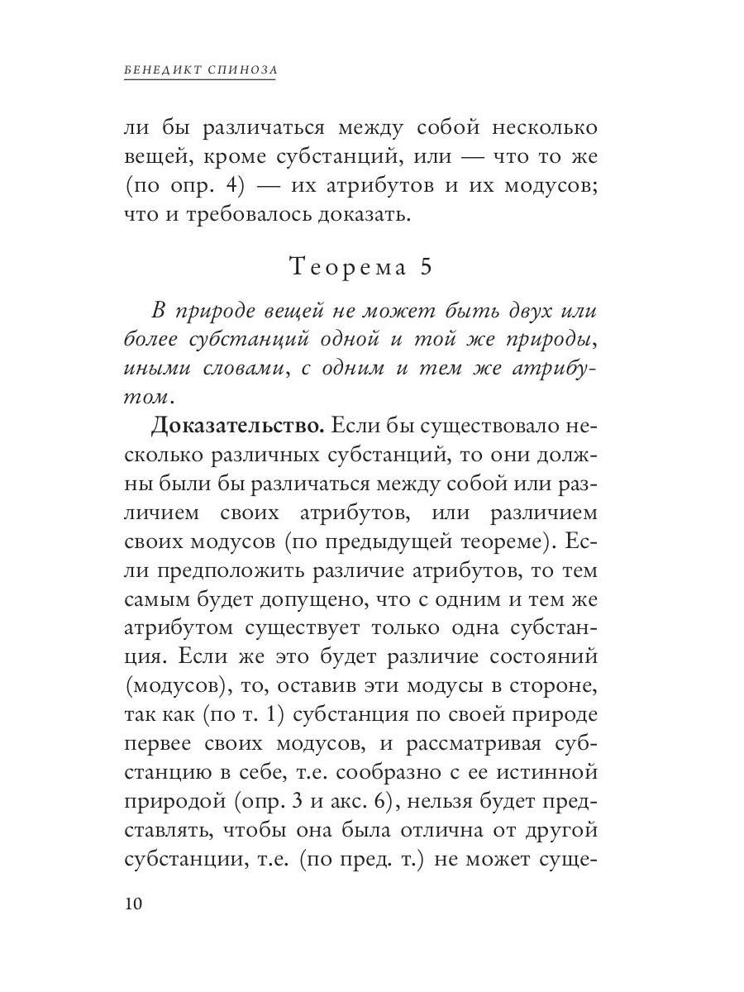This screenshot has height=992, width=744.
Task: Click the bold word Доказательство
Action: point(236,427)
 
